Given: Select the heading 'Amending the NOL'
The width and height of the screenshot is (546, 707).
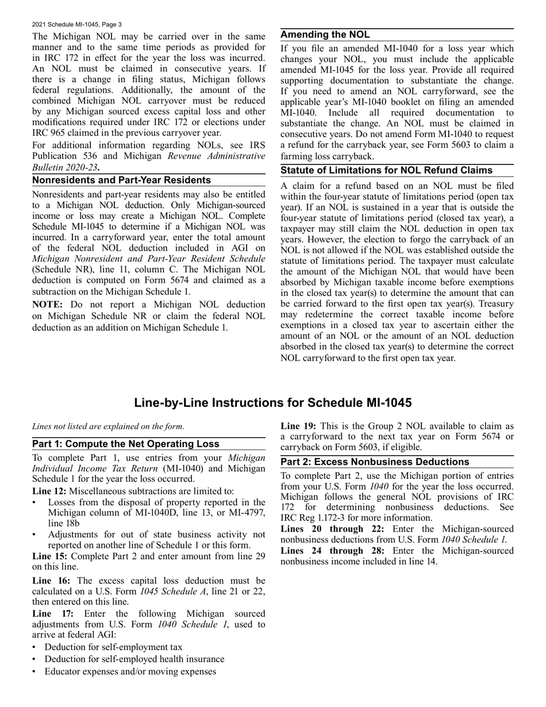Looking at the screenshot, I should point(325,35).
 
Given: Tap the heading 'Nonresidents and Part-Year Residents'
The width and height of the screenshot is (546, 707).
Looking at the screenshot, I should point(121,180).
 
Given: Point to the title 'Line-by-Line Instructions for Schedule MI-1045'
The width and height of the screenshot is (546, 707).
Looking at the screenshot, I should point(272,403).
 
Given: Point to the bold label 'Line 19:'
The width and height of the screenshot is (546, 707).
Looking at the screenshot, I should point(298,426).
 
